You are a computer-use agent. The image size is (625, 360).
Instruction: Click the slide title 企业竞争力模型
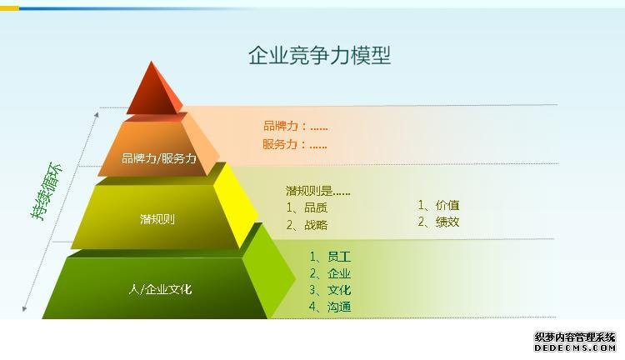(x=319, y=55)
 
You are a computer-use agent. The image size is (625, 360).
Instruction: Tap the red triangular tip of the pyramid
(x=153, y=90)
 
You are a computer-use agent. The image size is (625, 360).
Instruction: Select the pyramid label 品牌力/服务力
(x=159, y=158)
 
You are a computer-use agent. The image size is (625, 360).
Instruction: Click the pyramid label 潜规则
(x=157, y=219)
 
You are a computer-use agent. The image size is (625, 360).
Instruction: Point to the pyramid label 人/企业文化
(x=160, y=289)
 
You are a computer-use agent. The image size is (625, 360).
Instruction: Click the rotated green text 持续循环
(x=47, y=191)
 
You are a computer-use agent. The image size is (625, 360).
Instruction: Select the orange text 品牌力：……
(x=295, y=127)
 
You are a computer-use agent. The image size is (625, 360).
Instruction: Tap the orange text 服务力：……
(x=295, y=144)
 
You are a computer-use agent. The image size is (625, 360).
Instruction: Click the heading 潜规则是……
(x=318, y=191)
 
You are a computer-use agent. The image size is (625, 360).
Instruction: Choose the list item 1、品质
(x=307, y=207)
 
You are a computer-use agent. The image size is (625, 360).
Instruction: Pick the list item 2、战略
(x=307, y=225)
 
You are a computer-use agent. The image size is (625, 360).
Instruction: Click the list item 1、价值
(x=438, y=205)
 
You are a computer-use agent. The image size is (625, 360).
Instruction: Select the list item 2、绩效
(x=438, y=222)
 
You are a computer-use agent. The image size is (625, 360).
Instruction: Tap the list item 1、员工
(x=331, y=257)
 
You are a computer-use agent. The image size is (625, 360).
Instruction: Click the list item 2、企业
(x=331, y=273)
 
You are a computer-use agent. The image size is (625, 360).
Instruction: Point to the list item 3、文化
(x=331, y=290)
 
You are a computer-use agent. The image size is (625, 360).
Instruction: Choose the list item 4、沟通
(x=331, y=307)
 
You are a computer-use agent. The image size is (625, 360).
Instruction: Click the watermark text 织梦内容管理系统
(x=575, y=337)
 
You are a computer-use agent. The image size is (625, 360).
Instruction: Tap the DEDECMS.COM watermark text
(x=575, y=347)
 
